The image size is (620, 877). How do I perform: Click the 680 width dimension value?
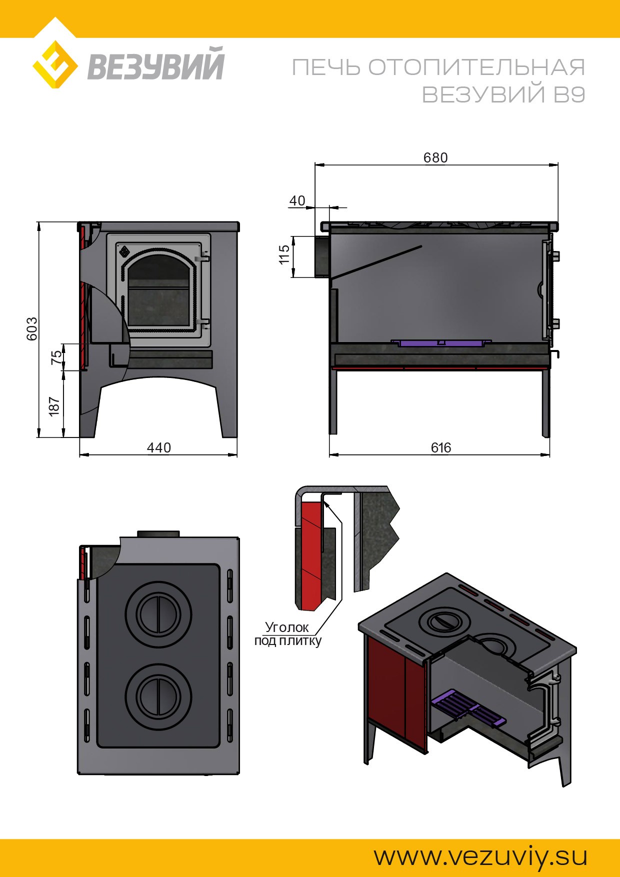click(435, 157)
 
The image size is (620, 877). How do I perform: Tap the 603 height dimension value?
click(32, 328)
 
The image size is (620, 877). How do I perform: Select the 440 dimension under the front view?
click(159, 447)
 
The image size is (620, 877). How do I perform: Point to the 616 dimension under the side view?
click(441, 447)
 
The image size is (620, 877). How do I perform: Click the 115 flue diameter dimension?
click(284, 254)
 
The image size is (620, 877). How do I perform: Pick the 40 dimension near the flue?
click(297, 200)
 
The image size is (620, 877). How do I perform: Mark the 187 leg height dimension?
click(54, 406)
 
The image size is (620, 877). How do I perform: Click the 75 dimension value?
click(57, 356)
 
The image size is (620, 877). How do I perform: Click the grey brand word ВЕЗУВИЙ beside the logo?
click(156, 64)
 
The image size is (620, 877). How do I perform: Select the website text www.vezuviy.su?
click(480, 856)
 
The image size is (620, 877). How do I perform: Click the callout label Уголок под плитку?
click(287, 634)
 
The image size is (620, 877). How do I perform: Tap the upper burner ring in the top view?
click(158, 614)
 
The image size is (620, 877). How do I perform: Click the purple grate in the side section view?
click(437, 343)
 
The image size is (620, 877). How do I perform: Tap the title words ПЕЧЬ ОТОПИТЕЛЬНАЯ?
click(438, 67)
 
